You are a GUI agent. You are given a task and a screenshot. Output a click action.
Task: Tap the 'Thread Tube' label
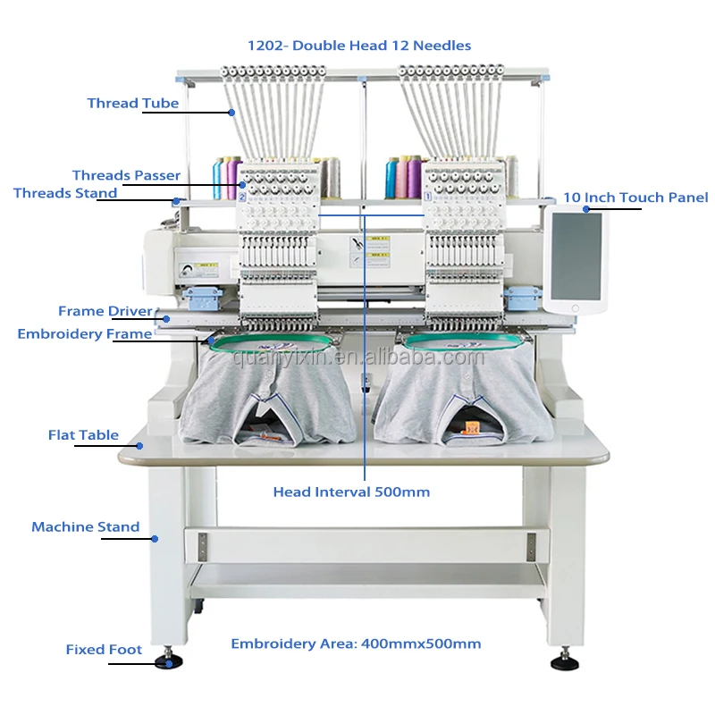[133, 103]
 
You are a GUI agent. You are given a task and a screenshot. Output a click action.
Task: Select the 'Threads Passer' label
[126, 175]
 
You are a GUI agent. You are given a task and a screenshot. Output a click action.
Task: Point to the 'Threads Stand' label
[65, 193]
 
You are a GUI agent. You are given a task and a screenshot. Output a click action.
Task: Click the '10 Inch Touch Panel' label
[635, 198]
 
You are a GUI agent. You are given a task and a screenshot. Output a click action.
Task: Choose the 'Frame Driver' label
[105, 311]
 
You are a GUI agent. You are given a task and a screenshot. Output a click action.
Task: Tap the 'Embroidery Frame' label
[85, 333]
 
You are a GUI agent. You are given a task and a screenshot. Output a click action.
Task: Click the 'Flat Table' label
[83, 435]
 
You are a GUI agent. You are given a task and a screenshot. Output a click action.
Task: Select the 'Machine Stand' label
[86, 526]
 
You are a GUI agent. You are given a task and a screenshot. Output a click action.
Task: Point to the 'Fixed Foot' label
[104, 650]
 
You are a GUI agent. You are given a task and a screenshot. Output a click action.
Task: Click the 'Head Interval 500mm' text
[351, 492]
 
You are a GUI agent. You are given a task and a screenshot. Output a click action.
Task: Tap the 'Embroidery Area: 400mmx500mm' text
[356, 643]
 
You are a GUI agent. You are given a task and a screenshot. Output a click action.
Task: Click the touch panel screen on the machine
[576, 255]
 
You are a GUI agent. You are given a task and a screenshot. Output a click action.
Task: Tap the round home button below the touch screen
[576, 308]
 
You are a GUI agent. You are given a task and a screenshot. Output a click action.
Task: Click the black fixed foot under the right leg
[565, 662]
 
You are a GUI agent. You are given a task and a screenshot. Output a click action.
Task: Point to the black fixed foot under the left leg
[168, 661]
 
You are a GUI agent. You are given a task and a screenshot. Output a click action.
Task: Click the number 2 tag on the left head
[241, 196]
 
